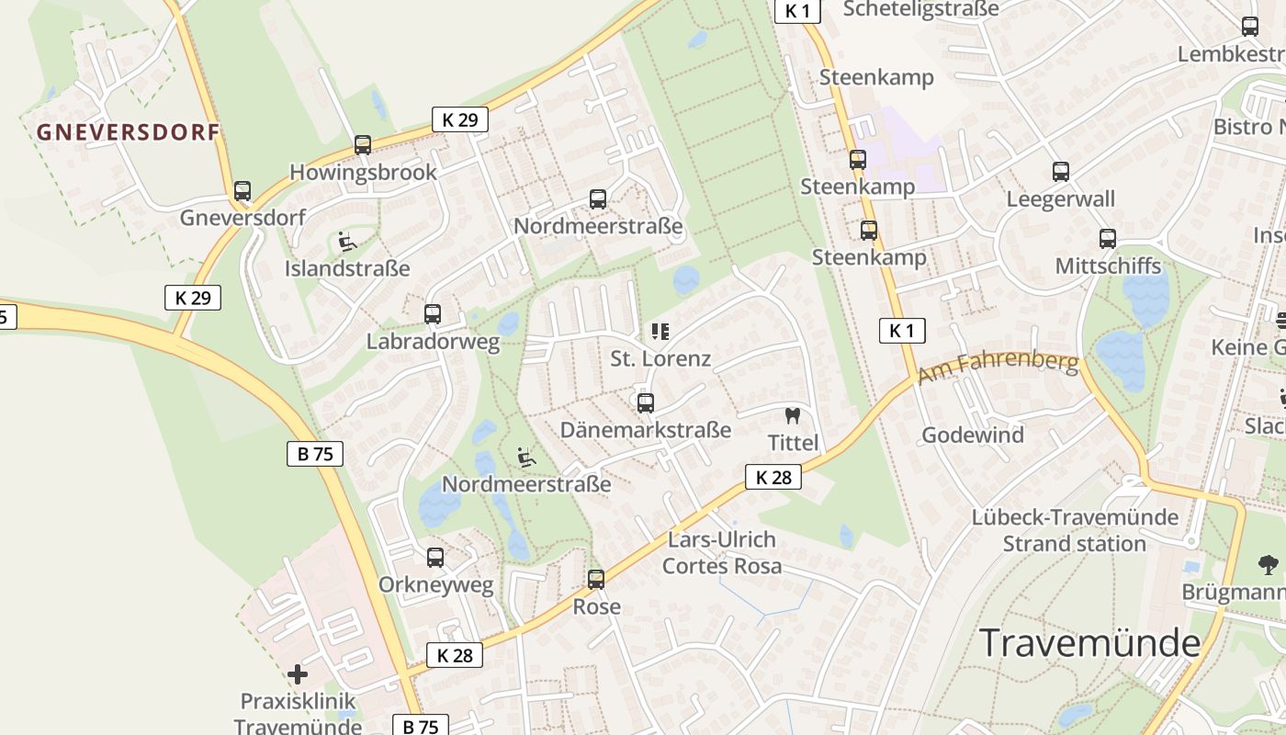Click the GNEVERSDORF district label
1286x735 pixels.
(x=129, y=132)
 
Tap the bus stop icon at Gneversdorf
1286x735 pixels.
(x=243, y=191)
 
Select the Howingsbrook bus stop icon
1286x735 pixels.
(x=363, y=145)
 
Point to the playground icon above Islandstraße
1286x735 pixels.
(x=347, y=242)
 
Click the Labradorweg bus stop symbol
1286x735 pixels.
(x=433, y=314)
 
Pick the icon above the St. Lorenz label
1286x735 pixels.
(x=660, y=332)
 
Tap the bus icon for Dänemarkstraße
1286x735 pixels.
(x=646, y=402)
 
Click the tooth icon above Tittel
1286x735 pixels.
(x=792, y=415)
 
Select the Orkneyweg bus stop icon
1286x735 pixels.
(x=435, y=557)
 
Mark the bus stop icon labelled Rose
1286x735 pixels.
(x=596, y=580)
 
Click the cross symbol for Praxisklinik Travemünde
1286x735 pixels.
(x=298, y=674)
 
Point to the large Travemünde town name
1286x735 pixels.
(x=1089, y=643)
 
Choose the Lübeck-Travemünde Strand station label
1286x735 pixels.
(x=1074, y=530)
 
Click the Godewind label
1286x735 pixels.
(x=972, y=435)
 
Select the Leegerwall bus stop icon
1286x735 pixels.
(x=1061, y=172)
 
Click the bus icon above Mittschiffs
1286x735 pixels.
(x=1108, y=239)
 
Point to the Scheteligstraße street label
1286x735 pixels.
(x=919, y=9)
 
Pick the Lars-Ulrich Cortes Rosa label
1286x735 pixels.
(x=722, y=552)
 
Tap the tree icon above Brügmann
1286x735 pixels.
(x=1269, y=564)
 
